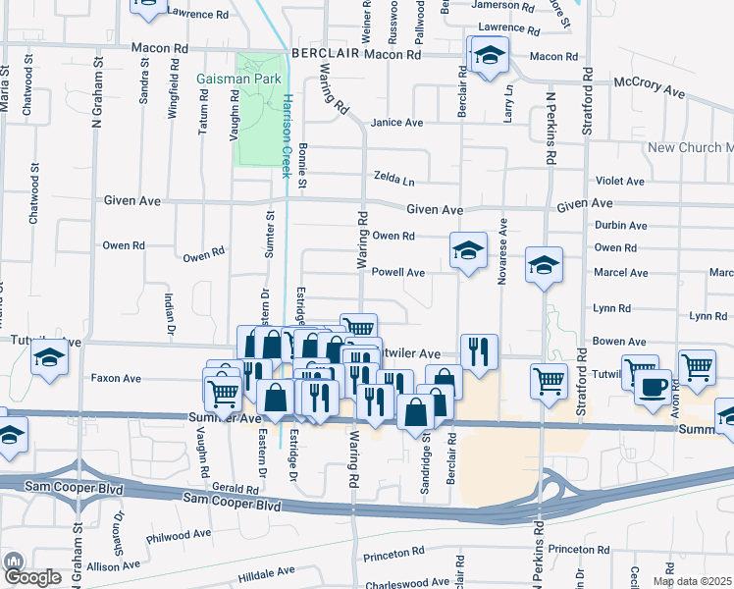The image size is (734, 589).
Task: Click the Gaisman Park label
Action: pyautogui.click(x=238, y=78)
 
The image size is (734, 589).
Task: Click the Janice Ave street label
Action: pyautogui.click(x=396, y=123)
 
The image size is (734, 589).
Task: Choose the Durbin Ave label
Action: pyautogui.click(x=620, y=226)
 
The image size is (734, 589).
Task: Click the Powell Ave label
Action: pyautogui.click(x=397, y=273)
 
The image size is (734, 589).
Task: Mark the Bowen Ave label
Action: pyautogui.click(x=619, y=342)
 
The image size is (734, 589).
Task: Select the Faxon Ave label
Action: pyautogui.click(x=116, y=378)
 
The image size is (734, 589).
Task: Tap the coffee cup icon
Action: pyautogui.click(x=653, y=385)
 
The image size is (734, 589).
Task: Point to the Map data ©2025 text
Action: pyautogui.click(x=690, y=581)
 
